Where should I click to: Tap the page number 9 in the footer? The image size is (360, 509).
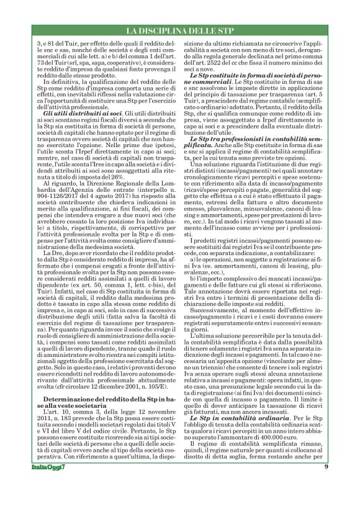326,485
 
